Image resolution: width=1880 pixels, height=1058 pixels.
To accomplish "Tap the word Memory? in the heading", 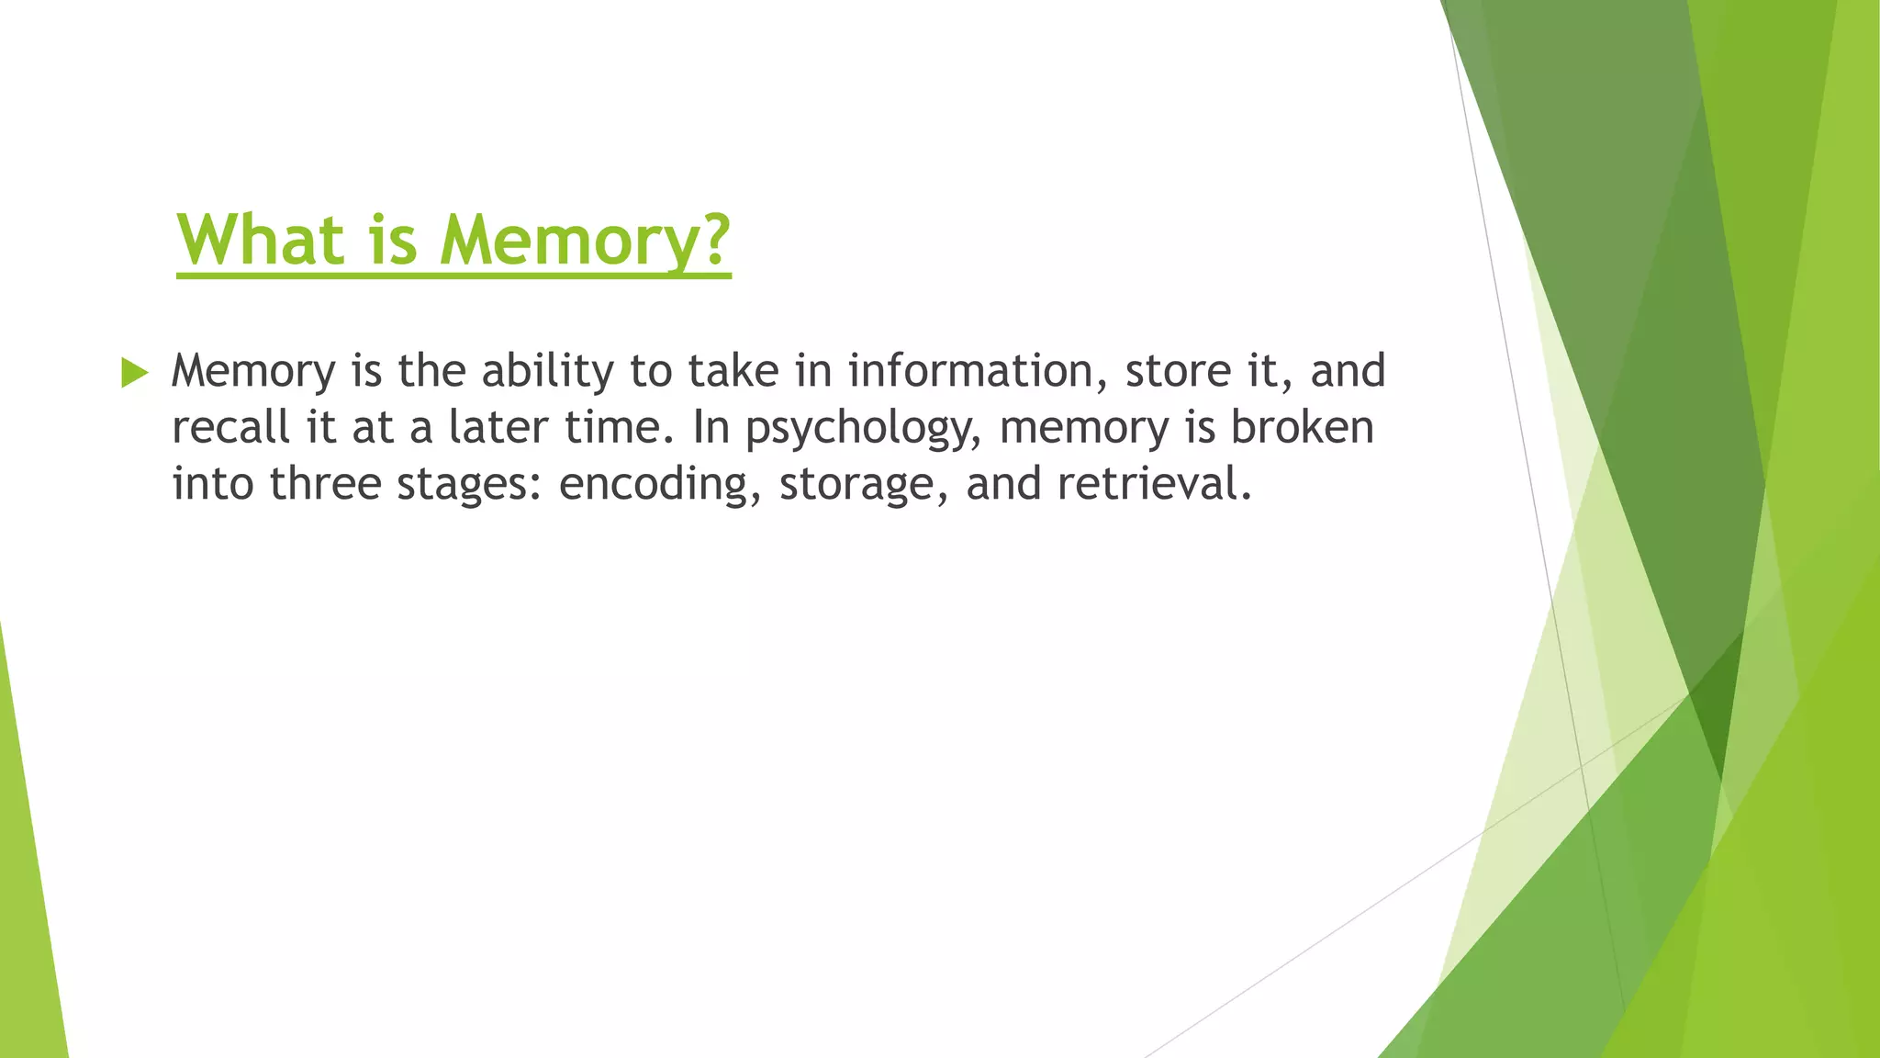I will point(585,240).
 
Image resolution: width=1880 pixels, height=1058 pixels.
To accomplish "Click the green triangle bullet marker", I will point(134,373).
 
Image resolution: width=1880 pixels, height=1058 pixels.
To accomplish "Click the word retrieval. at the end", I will point(1154,484).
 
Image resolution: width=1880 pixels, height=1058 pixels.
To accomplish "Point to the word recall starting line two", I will point(230,428).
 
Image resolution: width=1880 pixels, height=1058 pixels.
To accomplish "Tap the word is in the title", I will point(394,240).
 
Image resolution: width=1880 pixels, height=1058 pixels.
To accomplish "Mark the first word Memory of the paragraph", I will point(253,372).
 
